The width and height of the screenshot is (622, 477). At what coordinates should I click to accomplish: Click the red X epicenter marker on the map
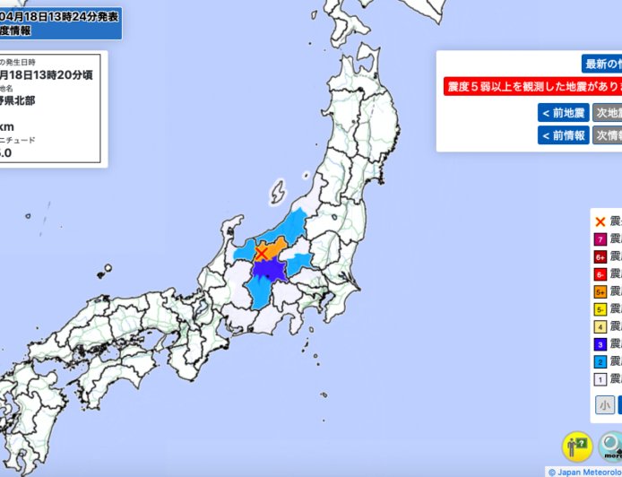coord(261,255)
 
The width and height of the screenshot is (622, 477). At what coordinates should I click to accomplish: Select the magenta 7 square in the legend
coord(600,238)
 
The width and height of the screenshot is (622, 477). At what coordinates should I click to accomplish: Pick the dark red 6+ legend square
coord(600,256)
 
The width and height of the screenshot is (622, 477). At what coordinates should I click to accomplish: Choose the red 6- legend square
coord(600,273)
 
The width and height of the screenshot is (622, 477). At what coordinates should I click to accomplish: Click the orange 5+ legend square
coord(600,291)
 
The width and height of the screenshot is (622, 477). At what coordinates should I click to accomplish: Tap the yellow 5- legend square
coord(600,308)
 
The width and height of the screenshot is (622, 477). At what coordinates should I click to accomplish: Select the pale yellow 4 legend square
coord(600,326)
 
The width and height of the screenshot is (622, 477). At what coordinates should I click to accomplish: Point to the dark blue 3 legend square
coord(600,343)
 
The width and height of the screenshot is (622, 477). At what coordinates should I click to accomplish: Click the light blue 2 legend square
coord(600,361)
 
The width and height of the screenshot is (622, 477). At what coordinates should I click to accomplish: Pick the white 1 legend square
coord(600,378)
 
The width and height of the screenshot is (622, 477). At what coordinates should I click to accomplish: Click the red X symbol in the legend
coord(600,221)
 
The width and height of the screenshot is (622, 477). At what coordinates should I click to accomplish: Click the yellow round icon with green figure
coord(576,446)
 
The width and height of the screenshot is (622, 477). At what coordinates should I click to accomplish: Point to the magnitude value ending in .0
coord(5,153)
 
